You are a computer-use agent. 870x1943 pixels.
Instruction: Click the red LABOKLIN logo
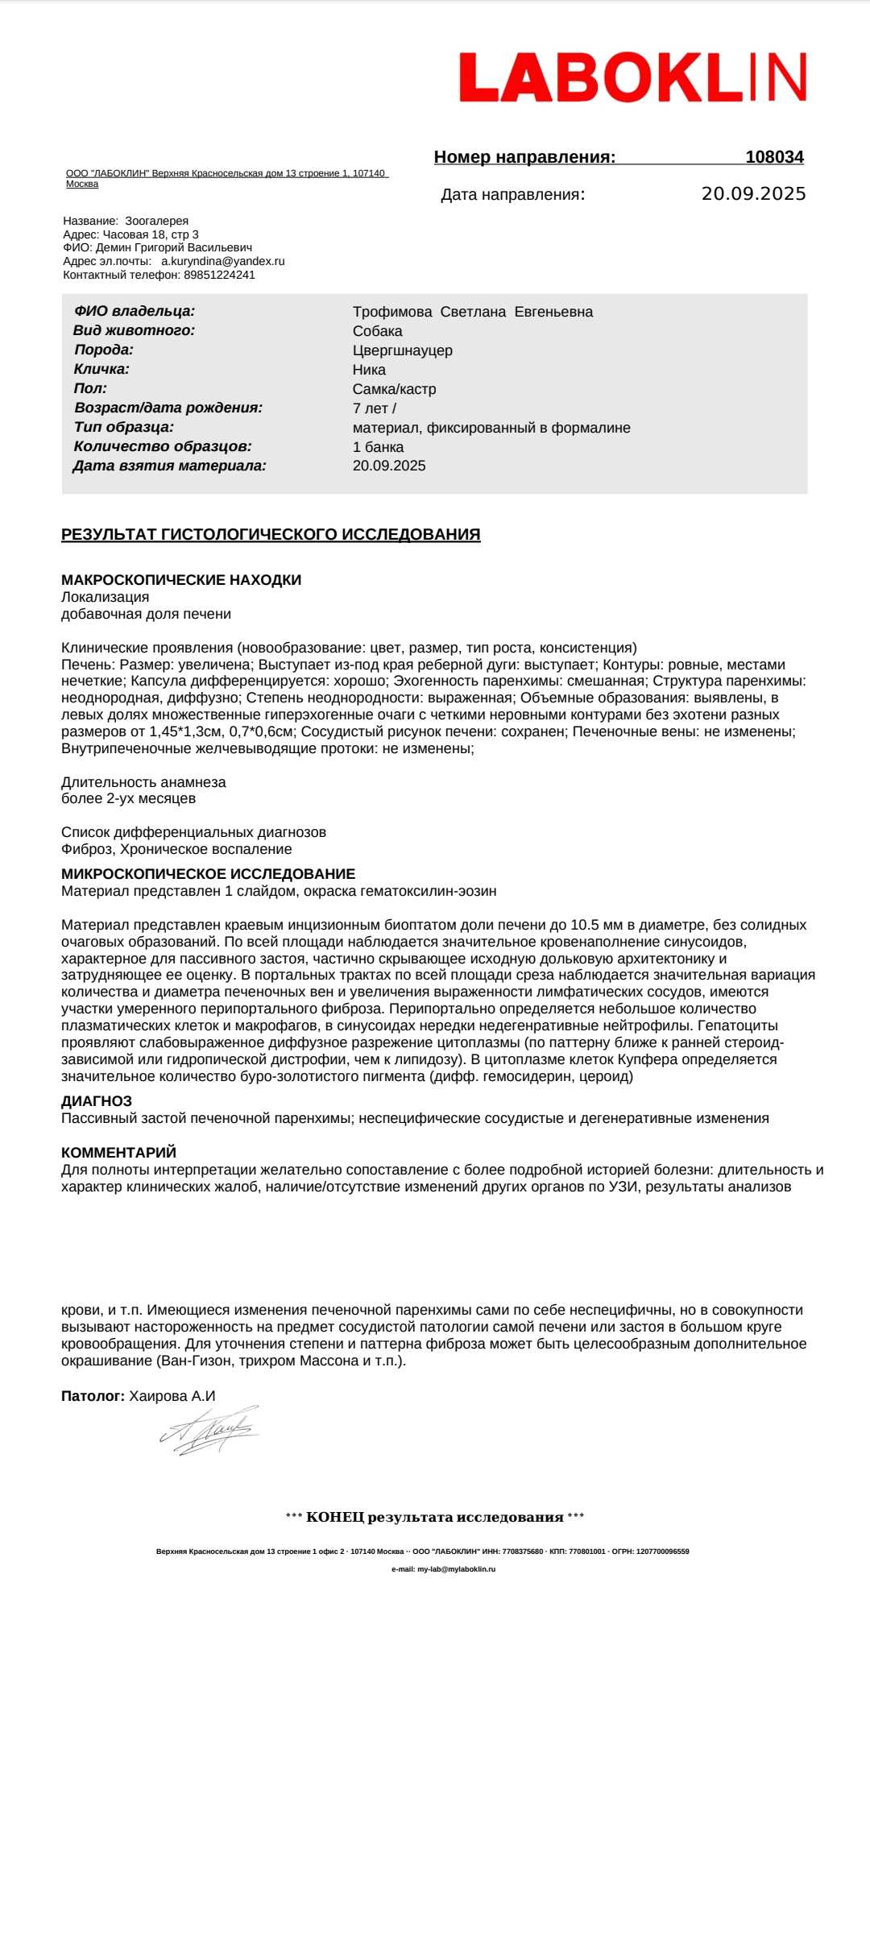(x=632, y=77)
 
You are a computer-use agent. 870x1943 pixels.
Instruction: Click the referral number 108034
(x=774, y=157)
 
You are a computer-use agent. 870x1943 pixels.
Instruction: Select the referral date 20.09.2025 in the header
(x=753, y=194)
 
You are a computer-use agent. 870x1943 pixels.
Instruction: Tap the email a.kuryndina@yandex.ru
(x=223, y=261)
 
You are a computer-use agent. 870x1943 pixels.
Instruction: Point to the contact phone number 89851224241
(x=219, y=275)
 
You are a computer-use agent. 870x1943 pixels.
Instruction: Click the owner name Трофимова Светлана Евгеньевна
(x=472, y=312)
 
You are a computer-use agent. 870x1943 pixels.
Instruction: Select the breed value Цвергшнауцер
(x=402, y=350)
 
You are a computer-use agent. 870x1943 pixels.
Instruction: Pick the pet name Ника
(x=369, y=370)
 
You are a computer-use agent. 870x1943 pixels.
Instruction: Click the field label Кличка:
(x=101, y=370)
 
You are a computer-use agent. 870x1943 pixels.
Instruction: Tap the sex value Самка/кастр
(x=394, y=389)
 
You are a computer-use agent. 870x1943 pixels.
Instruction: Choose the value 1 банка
(x=378, y=447)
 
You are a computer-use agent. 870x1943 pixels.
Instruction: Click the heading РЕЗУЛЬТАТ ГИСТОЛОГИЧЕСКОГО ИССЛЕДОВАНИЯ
(x=271, y=535)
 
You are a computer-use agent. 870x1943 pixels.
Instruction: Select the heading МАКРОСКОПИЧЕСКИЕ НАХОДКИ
(x=181, y=580)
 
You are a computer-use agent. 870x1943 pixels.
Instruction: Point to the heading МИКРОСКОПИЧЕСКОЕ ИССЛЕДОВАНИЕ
(x=208, y=874)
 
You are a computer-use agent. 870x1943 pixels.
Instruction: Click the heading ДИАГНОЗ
(x=97, y=1101)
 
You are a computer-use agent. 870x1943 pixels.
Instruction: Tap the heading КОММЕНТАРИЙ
(x=118, y=1153)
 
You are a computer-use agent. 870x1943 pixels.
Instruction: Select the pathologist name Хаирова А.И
(x=172, y=1396)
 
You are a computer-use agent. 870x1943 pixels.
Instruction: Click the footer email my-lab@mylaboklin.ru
(x=456, y=1569)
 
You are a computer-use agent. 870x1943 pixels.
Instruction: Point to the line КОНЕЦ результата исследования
(x=435, y=1518)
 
